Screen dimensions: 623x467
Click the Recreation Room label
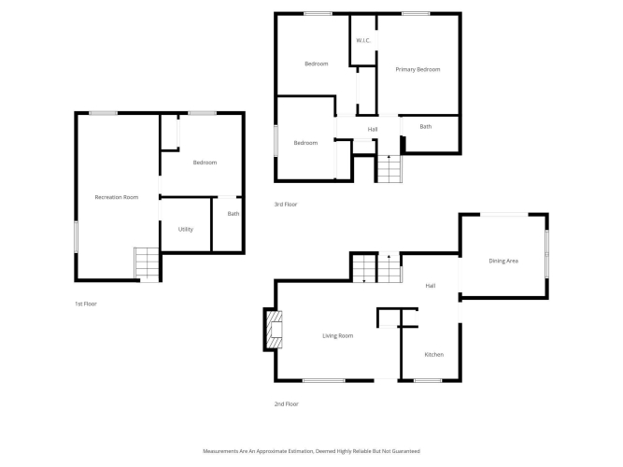(x=117, y=197)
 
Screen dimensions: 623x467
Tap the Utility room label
(x=186, y=230)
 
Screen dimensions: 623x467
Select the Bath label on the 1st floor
(x=234, y=214)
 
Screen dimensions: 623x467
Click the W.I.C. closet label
(x=363, y=40)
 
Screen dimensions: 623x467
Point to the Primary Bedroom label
(x=418, y=69)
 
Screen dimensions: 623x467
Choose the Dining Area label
(x=503, y=262)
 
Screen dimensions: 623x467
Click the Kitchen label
(x=434, y=355)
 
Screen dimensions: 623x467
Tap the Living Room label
(x=338, y=336)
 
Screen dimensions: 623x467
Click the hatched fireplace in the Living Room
(x=275, y=330)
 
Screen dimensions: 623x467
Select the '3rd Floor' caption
(x=286, y=205)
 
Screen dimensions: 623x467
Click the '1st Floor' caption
(x=86, y=304)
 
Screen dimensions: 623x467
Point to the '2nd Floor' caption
(x=286, y=403)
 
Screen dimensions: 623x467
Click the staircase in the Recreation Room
(x=147, y=263)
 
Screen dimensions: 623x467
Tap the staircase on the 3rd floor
(x=389, y=169)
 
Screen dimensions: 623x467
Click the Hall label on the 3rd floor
(x=373, y=129)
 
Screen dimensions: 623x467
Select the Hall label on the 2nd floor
(x=431, y=286)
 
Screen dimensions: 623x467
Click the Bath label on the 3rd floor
(x=426, y=127)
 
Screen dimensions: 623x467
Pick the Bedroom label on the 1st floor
(x=205, y=163)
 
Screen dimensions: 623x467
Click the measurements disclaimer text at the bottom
(x=312, y=451)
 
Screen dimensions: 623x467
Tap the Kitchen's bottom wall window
(x=428, y=381)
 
